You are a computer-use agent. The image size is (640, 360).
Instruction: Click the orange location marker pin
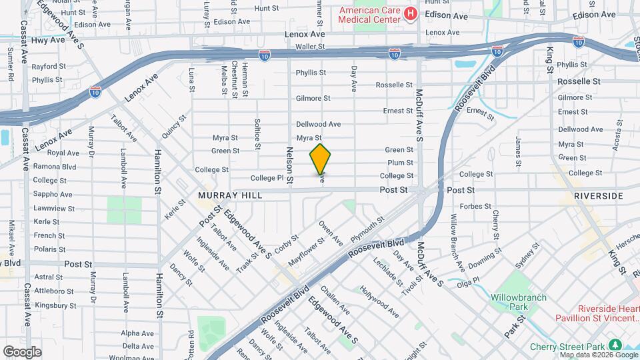point(320,159)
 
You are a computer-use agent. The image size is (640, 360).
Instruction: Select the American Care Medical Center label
point(370,14)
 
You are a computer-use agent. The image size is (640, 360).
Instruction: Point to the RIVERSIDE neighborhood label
point(598,196)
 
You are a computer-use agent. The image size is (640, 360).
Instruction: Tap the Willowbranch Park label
point(519,301)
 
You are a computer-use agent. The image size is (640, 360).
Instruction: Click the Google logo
point(22,351)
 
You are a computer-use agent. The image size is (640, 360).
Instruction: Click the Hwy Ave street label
point(45,41)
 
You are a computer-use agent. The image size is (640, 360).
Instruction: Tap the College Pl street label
point(267,179)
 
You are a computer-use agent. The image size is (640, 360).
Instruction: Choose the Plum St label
point(400,163)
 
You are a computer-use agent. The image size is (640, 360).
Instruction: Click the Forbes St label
point(475,206)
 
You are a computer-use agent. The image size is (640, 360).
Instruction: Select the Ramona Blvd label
point(61,167)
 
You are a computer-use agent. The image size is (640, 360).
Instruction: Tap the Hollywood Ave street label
point(379,301)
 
